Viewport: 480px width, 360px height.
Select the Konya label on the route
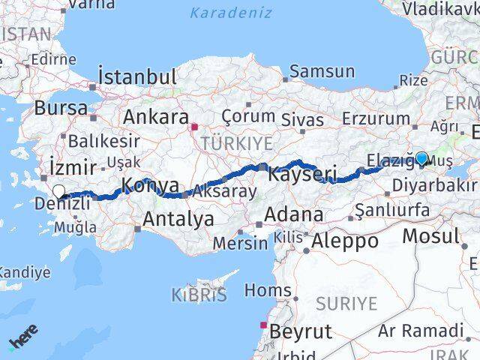coord(150,185)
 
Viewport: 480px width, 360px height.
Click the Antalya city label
coord(177,219)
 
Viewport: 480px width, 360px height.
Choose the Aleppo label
coord(345,241)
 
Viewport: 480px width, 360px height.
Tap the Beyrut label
coord(300,331)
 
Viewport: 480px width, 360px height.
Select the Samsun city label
coord(322,71)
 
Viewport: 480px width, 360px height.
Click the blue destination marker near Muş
coord(421,158)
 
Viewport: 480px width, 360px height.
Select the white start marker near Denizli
coord(58,192)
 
